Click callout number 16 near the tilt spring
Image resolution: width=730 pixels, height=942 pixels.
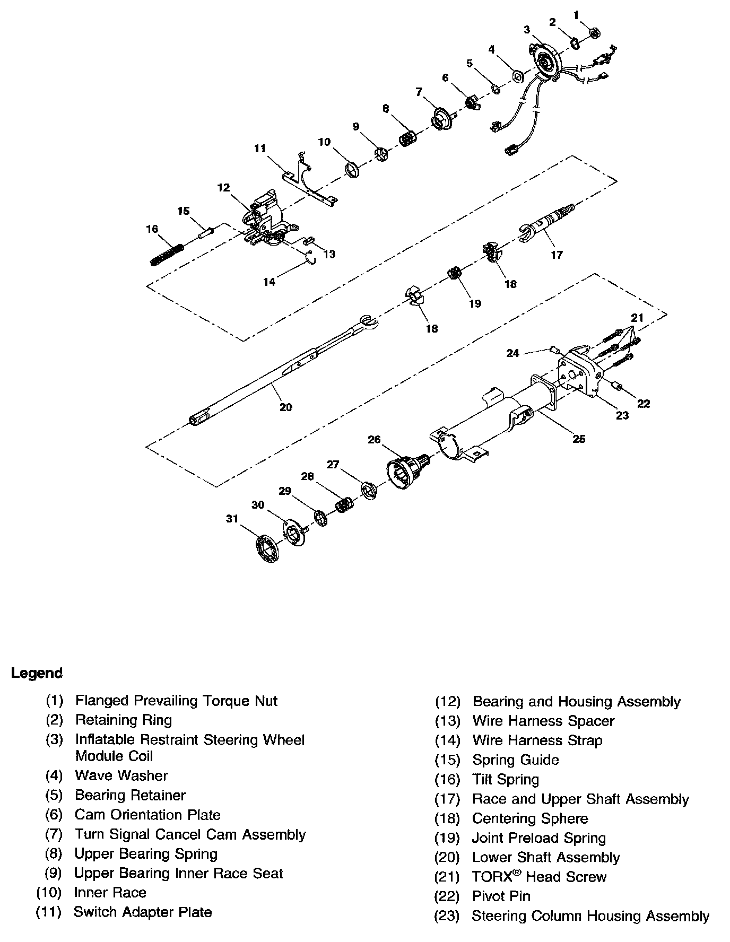[152, 229]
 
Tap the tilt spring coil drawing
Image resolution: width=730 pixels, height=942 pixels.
[167, 255]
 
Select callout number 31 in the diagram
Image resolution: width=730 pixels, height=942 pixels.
[232, 518]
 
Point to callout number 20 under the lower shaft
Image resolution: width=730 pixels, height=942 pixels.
[286, 407]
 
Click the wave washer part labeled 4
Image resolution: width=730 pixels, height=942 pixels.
[517, 76]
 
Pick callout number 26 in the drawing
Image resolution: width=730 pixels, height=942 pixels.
[374, 439]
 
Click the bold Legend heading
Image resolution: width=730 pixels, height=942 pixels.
[37, 673]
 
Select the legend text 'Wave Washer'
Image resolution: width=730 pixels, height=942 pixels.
[121, 775]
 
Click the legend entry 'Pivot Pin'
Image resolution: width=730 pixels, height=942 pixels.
[501, 896]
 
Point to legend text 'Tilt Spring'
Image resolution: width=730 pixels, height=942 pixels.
[506, 779]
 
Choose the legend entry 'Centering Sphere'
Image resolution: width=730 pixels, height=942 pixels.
[530, 818]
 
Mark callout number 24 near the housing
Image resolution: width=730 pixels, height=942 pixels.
[512, 353]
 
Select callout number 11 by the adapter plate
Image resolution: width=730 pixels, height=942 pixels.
[259, 149]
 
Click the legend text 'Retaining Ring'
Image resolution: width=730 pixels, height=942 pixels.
[124, 720]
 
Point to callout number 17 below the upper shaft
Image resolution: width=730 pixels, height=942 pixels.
[557, 255]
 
